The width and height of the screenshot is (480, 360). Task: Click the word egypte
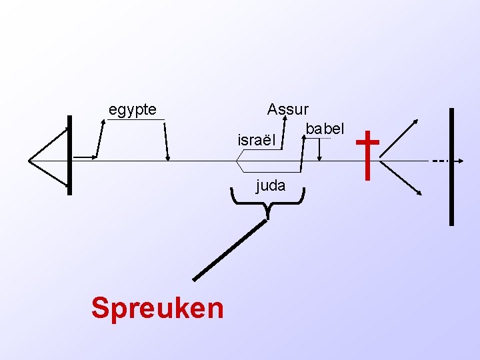133,109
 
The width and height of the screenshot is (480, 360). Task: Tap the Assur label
287,109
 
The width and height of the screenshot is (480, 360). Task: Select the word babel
325,128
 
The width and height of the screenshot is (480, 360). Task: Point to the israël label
256,141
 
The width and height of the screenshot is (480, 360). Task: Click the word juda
271,185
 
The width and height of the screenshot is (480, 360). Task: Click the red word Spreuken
157,308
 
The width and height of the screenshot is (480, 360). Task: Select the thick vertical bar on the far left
69,155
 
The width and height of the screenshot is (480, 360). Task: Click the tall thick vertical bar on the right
452,167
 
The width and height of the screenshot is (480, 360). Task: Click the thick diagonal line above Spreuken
229,250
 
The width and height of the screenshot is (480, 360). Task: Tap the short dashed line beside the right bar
439,161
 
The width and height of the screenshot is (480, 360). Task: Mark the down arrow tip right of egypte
168,158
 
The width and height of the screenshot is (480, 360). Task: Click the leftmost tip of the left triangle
29,160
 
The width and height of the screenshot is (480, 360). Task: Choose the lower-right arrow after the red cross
420,193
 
